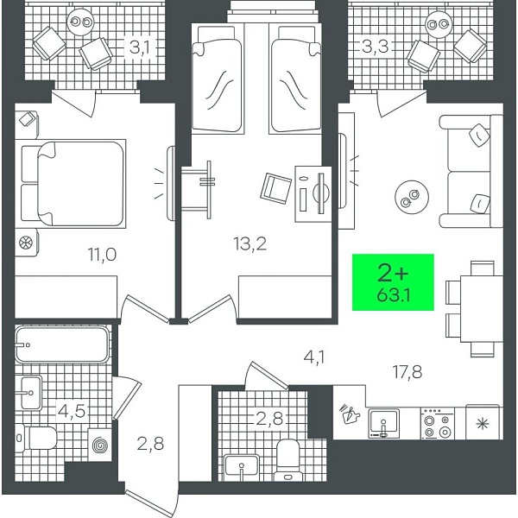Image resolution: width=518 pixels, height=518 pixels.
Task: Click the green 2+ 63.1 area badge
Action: (x=394, y=282)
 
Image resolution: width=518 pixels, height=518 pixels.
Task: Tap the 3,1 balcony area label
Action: (x=139, y=47)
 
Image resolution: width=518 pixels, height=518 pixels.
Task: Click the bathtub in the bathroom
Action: (x=61, y=344)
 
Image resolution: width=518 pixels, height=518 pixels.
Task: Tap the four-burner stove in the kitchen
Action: (x=435, y=424)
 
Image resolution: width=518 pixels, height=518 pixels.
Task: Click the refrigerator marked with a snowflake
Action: (x=482, y=423)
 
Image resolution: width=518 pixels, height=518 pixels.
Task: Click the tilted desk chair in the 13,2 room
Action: (x=276, y=186)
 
